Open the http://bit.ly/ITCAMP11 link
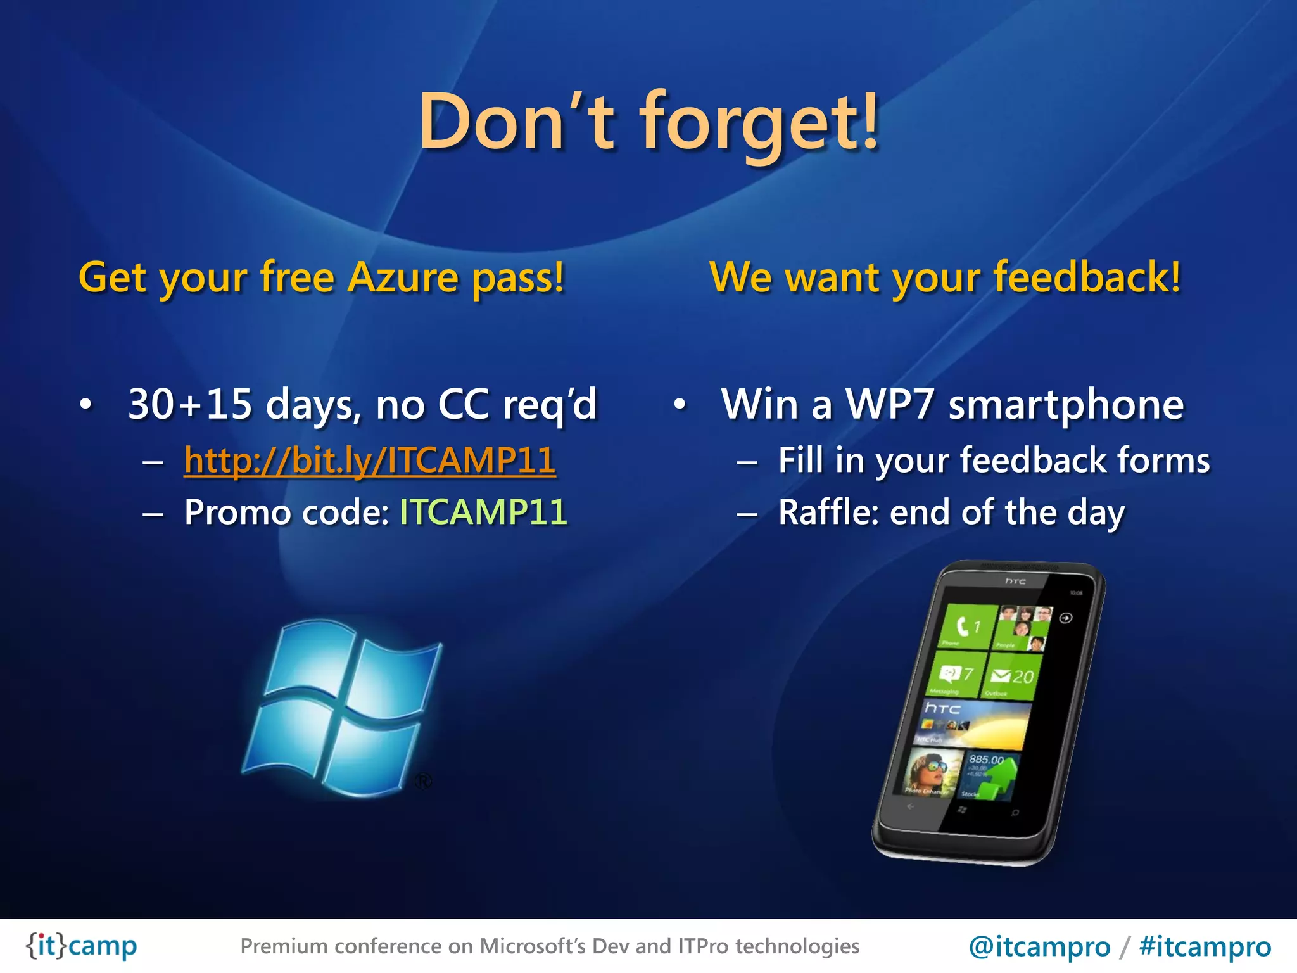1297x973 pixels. [x=370, y=461]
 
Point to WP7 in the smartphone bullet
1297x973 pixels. [x=890, y=404]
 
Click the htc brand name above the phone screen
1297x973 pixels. [x=1015, y=581]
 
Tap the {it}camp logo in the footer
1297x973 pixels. [x=81, y=946]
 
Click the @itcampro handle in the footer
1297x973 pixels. [x=1039, y=946]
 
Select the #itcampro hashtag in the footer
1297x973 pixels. [x=1205, y=946]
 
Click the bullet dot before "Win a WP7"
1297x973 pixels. [x=680, y=404]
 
